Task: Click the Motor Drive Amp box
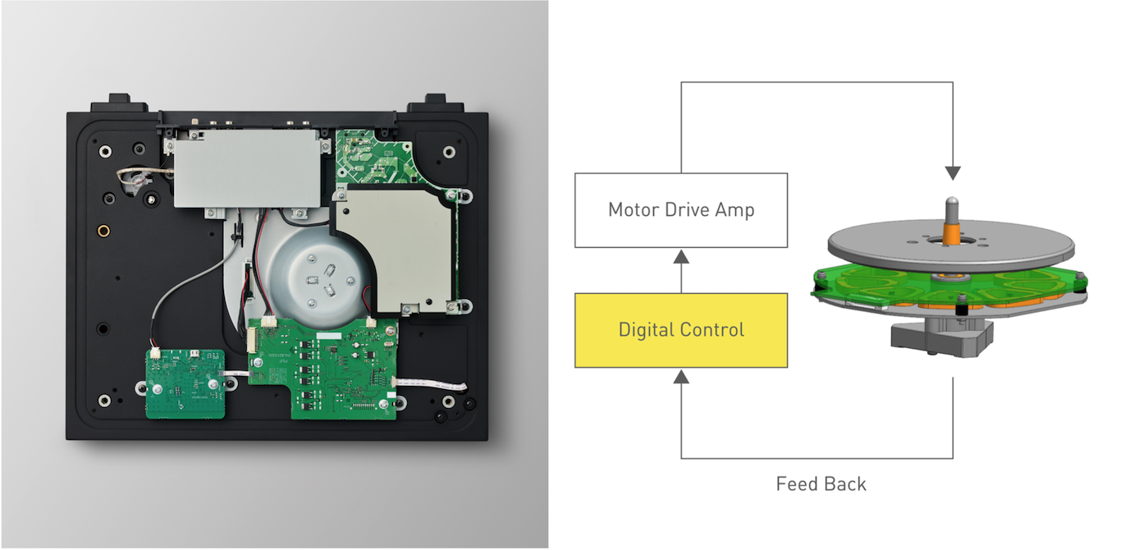point(681,210)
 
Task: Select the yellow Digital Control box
point(681,330)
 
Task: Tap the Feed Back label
point(821,484)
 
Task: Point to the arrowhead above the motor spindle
point(953,173)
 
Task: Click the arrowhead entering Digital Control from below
point(681,377)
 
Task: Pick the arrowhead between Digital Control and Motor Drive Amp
point(681,257)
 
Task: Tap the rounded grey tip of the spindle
point(953,202)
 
